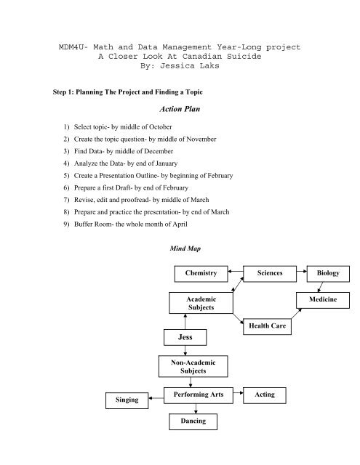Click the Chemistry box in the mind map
coord(201,274)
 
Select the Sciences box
coord(270,274)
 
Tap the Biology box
coord(328,274)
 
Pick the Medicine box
coord(323,300)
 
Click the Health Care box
coord(267,326)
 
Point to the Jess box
coord(185,337)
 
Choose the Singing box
coord(127,400)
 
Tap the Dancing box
coord(193,421)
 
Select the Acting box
coord(265,395)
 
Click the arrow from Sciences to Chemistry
coord(236,271)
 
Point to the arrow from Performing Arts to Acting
coord(238,393)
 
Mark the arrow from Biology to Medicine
coord(320,287)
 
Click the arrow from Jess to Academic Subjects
coord(185,321)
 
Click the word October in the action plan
coord(160,127)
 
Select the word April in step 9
coord(180,225)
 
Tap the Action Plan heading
coord(180,109)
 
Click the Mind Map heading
coord(185,248)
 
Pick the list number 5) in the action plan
coord(66,176)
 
